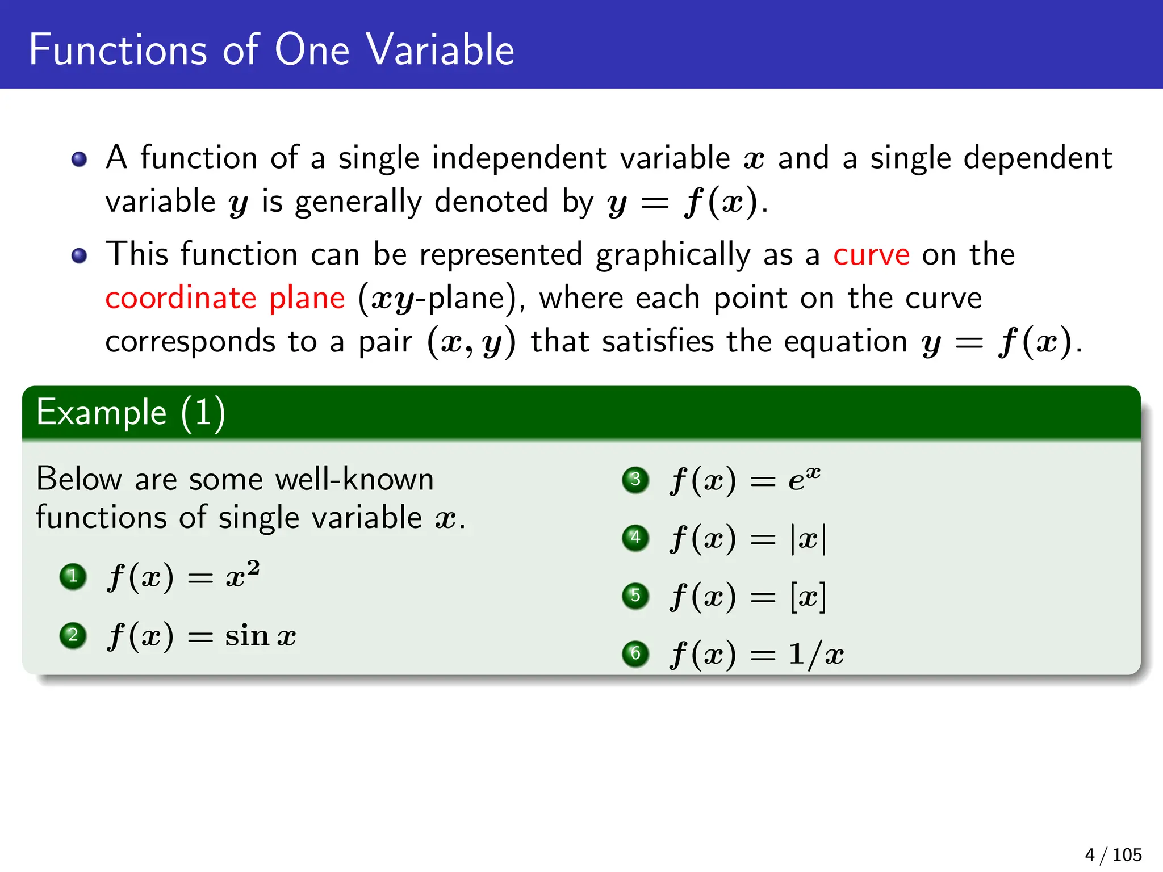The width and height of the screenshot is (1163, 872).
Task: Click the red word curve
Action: pos(871,255)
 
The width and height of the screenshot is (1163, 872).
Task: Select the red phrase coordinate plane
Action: pos(225,299)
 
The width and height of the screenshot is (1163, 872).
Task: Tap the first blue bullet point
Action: pos(80,159)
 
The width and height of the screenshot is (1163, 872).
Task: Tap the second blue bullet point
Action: pos(80,255)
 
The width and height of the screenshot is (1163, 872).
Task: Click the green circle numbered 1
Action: pos(73,577)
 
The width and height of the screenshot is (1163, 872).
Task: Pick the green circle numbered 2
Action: pos(73,635)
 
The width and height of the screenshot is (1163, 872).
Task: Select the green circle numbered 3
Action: pos(635,480)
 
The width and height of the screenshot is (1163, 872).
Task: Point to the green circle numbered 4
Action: pos(635,538)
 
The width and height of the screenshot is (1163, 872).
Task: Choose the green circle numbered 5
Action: pos(635,596)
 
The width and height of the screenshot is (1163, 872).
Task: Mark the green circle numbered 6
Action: pos(635,654)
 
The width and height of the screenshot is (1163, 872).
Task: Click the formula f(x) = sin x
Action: pos(202,636)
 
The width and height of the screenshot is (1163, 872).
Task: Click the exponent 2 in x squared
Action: pos(253,567)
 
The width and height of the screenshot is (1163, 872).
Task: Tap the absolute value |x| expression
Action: pos(808,538)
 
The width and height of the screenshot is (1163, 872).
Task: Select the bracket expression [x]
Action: pos(808,597)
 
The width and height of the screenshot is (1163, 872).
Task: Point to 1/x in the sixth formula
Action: pos(815,655)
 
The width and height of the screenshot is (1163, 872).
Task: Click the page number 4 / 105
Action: pos(1112,854)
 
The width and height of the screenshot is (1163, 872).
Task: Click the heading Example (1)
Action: pos(131,413)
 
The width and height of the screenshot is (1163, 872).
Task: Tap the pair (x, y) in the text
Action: pos(471,342)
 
